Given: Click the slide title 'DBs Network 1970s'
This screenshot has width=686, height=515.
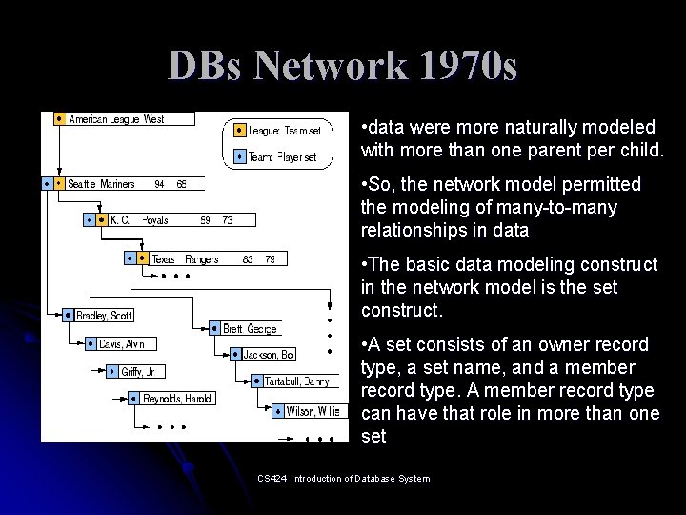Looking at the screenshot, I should [x=343, y=66].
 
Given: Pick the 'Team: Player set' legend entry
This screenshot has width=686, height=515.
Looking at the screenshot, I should [x=282, y=157].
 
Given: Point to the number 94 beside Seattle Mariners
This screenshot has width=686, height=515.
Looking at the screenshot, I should [x=159, y=184].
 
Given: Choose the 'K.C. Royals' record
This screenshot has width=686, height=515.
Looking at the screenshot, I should [x=139, y=220].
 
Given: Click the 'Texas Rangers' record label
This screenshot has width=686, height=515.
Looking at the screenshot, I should [x=185, y=258].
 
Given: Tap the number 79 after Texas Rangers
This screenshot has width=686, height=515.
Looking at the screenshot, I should [x=270, y=258].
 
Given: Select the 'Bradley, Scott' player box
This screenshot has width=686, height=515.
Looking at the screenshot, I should [x=104, y=316].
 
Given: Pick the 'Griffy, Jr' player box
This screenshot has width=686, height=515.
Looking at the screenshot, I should [x=137, y=372].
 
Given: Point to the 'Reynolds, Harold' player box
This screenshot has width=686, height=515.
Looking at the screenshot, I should [x=176, y=399].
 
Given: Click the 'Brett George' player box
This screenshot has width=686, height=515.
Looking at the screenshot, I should [x=250, y=329].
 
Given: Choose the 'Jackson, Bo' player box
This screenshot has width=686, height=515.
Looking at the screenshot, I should [x=268, y=355].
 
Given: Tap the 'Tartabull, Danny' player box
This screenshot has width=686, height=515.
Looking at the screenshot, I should [x=295, y=381].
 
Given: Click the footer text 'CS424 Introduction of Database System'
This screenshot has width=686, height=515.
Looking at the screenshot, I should [x=344, y=478].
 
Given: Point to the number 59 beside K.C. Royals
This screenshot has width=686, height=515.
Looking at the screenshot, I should [x=204, y=220].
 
